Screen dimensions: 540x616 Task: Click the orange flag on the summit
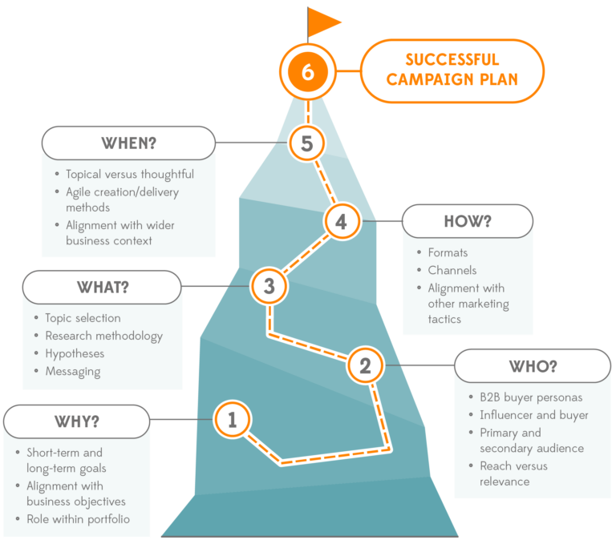(324, 22)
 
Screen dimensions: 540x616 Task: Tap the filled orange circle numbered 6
(308, 72)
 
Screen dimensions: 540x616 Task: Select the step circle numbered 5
(306, 144)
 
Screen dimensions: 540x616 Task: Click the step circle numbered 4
(342, 221)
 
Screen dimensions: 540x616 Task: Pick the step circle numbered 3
(269, 285)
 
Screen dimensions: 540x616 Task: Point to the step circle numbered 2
(365, 366)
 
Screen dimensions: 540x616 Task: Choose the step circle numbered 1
(233, 419)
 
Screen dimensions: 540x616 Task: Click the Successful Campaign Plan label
(452, 71)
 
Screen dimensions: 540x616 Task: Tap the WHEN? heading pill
(128, 144)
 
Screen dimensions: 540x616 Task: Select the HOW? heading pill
(467, 221)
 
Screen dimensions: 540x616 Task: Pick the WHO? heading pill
(533, 366)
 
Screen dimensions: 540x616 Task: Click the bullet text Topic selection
(83, 318)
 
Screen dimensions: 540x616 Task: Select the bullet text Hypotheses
(75, 353)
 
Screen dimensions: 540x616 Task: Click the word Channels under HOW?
(452, 270)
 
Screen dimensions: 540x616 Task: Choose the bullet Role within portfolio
(78, 519)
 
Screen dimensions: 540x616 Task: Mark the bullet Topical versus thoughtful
(129, 174)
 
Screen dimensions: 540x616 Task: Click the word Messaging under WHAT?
(73, 371)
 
